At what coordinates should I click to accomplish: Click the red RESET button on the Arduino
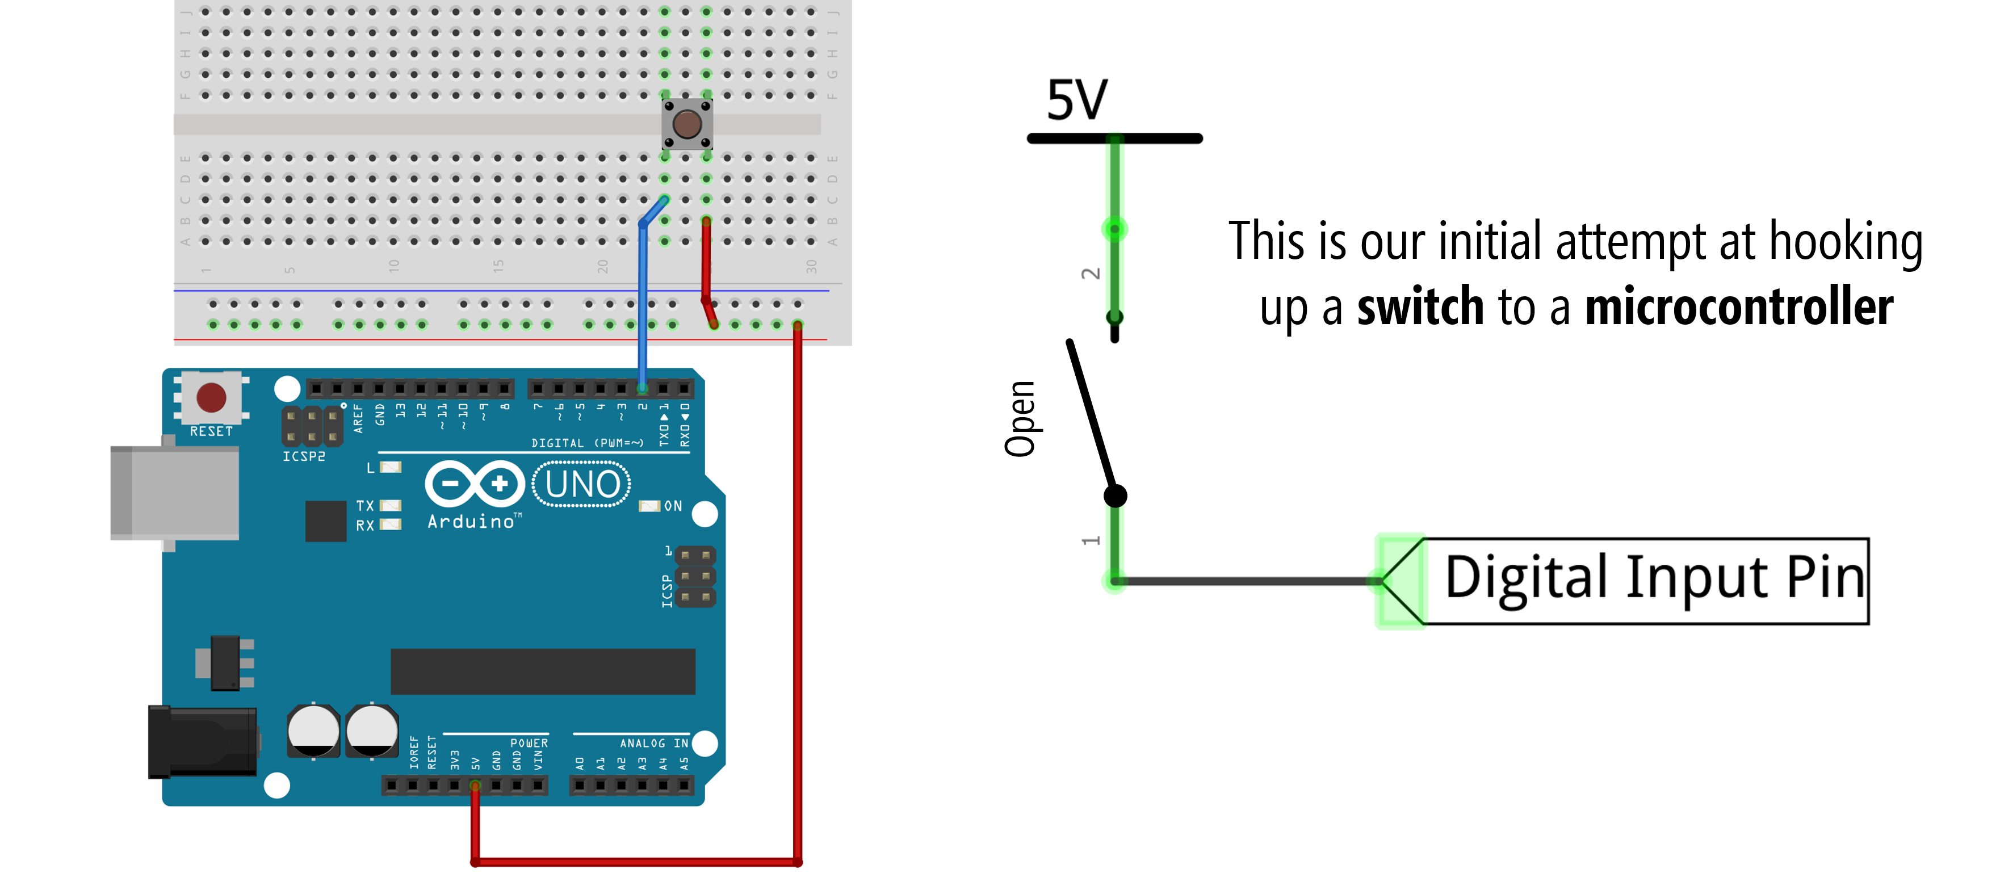[x=211, y=397]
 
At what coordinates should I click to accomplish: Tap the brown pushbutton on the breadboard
[x=687, y=124]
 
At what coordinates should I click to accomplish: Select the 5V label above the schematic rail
[x=1077, y=100]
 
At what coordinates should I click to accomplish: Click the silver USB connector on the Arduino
[x=175, y=493]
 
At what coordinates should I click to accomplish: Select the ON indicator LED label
[x=672, y=506]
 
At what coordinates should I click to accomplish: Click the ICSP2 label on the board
[x=304, y=456]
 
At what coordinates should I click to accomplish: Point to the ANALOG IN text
[x=654, y=743]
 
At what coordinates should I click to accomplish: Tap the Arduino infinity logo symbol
[x=475, y=484]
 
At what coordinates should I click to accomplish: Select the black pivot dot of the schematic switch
[x=1115, y=496]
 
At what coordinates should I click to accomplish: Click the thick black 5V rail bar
[x=1114, y=139]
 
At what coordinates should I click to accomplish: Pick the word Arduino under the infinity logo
[x=471, y=522]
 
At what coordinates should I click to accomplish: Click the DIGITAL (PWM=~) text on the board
[x=587, y=443]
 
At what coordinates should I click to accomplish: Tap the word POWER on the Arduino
[x=529, y=743]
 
